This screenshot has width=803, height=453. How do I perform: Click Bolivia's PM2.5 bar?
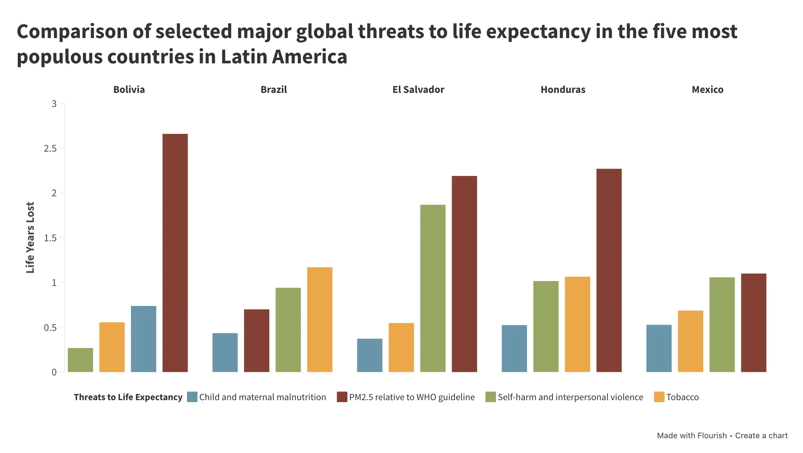175,253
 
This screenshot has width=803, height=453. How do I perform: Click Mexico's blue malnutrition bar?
659,348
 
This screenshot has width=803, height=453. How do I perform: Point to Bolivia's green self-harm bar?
80,360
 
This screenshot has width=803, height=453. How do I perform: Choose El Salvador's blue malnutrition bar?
370,355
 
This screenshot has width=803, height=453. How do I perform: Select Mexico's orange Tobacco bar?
690,341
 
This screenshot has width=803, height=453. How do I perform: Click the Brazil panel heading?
274,90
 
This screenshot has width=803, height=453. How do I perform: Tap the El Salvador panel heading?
418,90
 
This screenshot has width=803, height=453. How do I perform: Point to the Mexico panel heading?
708,90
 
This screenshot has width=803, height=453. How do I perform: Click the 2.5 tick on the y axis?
50,149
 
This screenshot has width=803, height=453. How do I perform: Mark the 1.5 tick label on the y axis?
50,238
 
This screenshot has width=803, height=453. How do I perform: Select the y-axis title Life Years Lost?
30,237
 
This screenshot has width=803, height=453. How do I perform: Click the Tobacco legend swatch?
659,397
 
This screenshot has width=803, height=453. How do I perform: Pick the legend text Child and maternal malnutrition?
262,397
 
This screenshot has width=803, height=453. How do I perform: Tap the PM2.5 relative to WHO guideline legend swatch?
342,397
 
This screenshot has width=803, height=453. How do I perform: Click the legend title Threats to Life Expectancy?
128,397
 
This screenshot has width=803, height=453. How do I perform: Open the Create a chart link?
761,436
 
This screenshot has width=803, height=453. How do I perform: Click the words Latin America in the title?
284,57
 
